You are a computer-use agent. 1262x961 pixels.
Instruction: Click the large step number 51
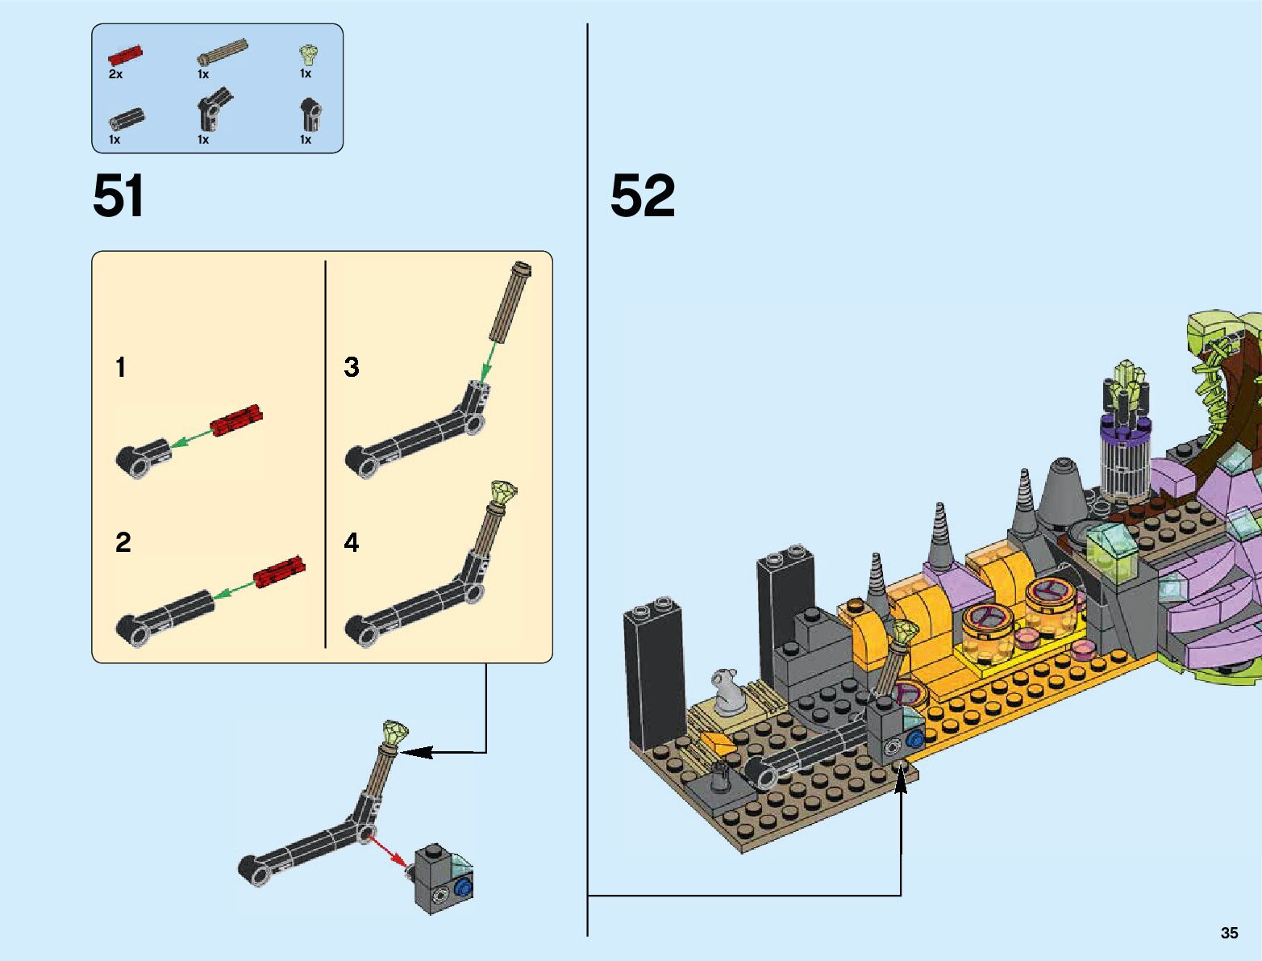(x=118, y=195)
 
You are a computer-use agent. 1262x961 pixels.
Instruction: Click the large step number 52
(x=642, y=195)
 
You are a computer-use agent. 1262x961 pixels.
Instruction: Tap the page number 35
(x=1229, y=933)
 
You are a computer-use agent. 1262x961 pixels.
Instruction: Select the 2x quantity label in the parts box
(x=115, y=74)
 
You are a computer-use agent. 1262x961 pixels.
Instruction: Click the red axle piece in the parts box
(x=125, y=56)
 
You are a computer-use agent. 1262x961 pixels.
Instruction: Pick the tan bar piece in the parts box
(x=223, y=52)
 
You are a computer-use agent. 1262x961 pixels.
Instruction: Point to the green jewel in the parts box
(x=310, y=55)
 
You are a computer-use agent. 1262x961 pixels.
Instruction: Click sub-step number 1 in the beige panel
(x=120, y=367)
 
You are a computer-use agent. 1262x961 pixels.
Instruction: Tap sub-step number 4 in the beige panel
(x=352, y=542)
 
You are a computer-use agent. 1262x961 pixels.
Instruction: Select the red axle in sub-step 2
(x=280, y=571)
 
